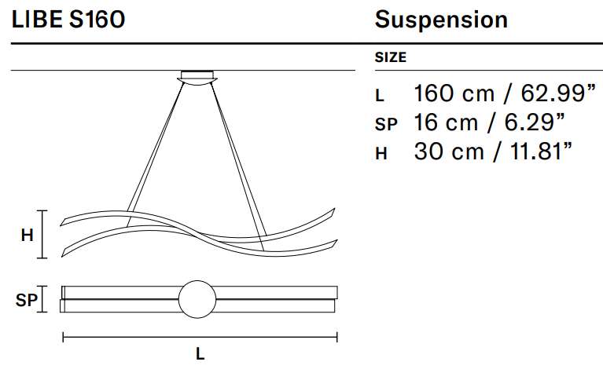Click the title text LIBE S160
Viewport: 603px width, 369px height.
point(68,19)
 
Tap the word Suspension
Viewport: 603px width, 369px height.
point(441,20)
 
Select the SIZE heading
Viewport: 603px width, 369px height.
point(390,57)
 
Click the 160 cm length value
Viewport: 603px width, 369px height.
point(454,93)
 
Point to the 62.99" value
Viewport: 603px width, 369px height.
point(558,93)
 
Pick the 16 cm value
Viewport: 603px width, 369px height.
point(446,122)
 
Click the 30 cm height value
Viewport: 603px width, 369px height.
point(449,152)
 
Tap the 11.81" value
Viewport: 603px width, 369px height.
point(541,152)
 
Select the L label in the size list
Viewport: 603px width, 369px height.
point(380,96)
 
